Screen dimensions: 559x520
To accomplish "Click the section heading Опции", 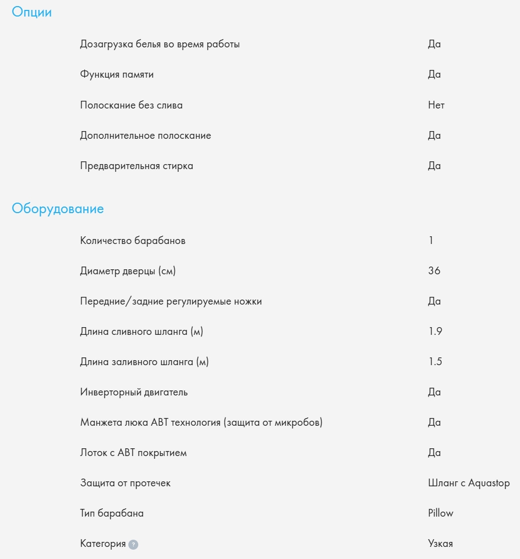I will tap(31, 13).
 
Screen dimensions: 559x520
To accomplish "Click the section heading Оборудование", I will tap(58, 209).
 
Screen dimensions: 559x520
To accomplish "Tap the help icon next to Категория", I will tap(133, 544).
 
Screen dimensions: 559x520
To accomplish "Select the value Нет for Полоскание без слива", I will tap(436, 105).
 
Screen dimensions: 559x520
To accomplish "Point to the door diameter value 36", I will tap(434, 271).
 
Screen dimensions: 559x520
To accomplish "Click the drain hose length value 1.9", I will tap(435, 332).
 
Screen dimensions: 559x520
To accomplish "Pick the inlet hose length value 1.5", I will tap(435, 362).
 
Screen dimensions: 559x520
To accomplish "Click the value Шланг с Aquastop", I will tap(468, 483).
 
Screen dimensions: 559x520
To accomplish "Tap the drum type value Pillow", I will tap(440, 513).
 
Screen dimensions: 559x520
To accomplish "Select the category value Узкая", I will tap(440, 544).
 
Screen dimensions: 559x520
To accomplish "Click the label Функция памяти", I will tap(117, 75).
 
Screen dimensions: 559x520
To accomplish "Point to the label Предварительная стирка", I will tap(137, 166).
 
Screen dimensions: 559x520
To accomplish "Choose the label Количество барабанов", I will tap(133, 241).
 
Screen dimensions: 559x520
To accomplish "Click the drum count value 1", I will tap(431, 241).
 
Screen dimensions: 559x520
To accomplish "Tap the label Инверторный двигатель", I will tap(134, 392).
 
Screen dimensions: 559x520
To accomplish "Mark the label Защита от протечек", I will tap(126, 483).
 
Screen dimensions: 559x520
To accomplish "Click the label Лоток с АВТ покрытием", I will tap(133, 453).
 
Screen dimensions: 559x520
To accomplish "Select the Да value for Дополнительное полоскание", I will tap(434, 135).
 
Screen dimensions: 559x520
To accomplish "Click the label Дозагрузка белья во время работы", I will tap(160, 45).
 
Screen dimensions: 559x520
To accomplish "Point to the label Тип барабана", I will tap(112, 513).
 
